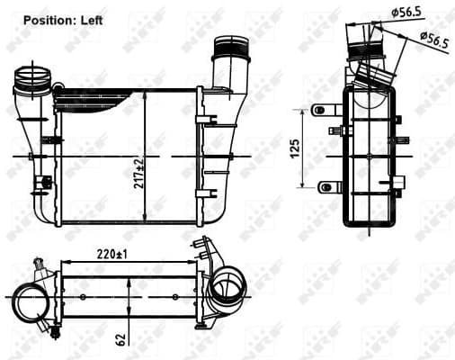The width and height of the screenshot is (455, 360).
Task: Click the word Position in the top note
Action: coord(49,18)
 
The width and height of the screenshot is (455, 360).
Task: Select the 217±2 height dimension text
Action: coord(138,171)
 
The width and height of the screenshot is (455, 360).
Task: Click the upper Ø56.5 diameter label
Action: coord(407,12)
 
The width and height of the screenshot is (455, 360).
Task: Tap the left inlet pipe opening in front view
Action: coord(31,77)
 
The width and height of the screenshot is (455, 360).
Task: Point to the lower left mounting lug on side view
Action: coord(325,187)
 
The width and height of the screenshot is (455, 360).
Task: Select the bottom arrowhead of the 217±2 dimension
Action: coord(146,221)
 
